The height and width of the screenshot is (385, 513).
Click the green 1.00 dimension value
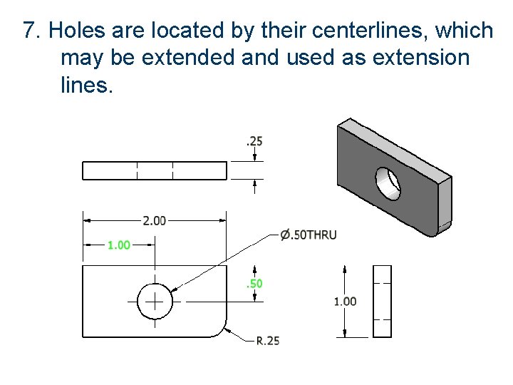(x=119, y=245)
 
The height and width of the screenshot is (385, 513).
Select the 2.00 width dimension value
(x=155, y=221)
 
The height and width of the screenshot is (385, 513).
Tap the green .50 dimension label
(x=254, y=284)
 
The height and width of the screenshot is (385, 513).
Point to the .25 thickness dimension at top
(x=254, y=141)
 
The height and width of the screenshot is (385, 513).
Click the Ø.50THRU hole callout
(x=308, y=235)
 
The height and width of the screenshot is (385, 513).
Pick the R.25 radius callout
(x=268, y=341)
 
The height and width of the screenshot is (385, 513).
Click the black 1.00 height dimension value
(x=345, y=302)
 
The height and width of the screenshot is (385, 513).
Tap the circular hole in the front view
(x=155, y=302)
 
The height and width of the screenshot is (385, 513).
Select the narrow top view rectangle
(x=155, y=171)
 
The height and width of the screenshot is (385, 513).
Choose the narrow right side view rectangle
(x=383, y=302)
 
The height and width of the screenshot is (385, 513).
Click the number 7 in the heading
(x=29, y=31)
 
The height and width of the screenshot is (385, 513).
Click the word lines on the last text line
(x=86, y=85)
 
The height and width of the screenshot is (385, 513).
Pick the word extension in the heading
(x=425, y=58)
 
